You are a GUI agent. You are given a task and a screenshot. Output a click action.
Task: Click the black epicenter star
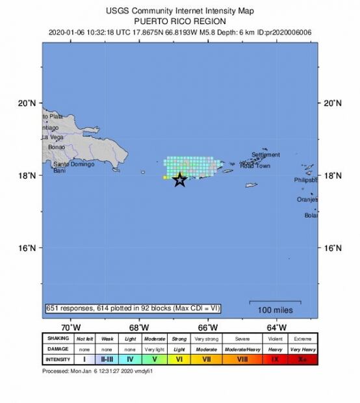click(x=180, y=181)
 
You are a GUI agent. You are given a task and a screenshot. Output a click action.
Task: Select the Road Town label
click(x=255, y=166)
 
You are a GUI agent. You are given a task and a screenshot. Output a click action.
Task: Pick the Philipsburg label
click(x=306, y=180)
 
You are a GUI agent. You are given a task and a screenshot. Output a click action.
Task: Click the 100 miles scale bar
click(x=275, y=303)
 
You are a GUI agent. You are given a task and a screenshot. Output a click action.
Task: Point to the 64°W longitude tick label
click(x=277, y=326)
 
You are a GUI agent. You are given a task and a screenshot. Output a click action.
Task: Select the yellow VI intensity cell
click(x=179, y=358)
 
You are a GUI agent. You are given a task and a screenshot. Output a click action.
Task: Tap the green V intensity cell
click(x=155, y=358)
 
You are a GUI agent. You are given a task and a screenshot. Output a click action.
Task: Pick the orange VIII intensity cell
click(x=242, y=358)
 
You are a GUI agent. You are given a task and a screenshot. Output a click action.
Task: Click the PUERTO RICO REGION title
click(x=179, y=20)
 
